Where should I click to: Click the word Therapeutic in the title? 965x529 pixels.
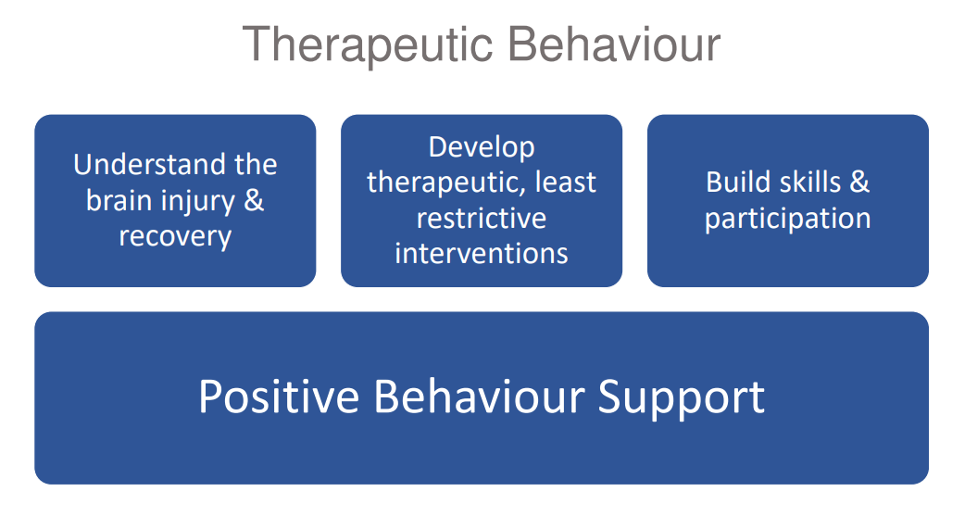(x=368, y=45)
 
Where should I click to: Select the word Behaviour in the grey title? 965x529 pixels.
(x=614, y=44)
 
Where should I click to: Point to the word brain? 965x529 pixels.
(x=117, y=200)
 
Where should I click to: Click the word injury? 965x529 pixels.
(x=197, y=202)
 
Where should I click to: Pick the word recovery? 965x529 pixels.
(x=175, y=237)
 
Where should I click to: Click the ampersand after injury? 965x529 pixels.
(x=254, y=200)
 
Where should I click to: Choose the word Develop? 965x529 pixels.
(x=482, y=148)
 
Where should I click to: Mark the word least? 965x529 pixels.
(x=566, y=182)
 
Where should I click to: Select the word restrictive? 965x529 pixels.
(x=482, y=218)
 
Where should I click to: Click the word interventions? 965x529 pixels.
(x=482, y=253)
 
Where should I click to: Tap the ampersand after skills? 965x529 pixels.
(x=859, y=183)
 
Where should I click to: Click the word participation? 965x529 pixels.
(x=788, y=220)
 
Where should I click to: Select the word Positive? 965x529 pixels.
(x=279, y=397)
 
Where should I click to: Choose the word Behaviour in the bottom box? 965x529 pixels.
(x=480, y=397)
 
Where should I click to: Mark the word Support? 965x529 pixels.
(x=682, y=398)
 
